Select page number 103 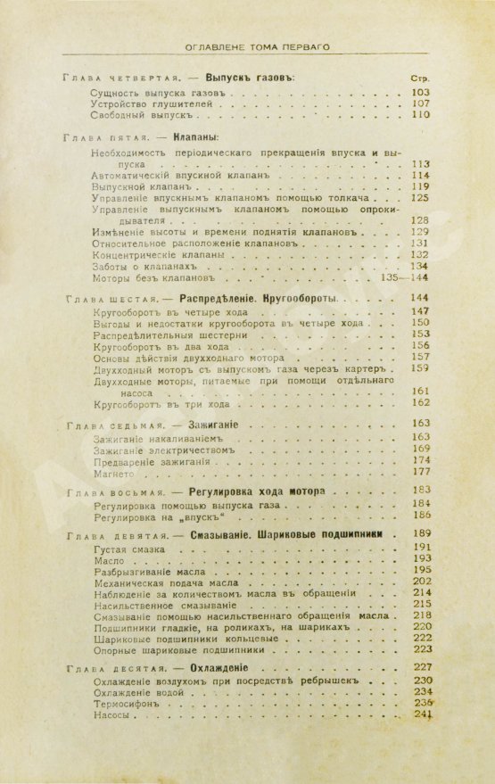(419, 92)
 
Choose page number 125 (419, 199)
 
